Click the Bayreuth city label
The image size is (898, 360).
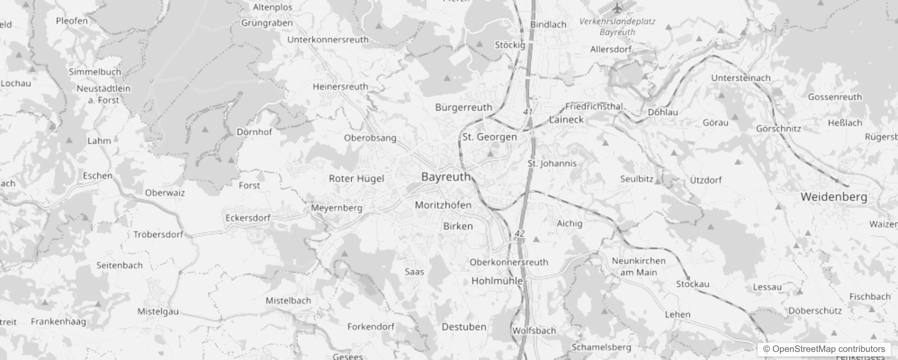pos(446,177)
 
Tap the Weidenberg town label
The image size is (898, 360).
pos(834,197)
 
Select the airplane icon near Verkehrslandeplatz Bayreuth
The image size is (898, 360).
pos(617,8)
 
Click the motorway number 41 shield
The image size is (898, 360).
pos(528,111)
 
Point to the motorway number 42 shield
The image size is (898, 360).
pos(520,234)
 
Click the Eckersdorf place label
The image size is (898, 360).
pos(248,218)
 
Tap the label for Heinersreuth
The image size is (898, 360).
pos(340,86)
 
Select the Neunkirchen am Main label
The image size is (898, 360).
pos(638,266)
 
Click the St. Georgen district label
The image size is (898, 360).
pos(489,137)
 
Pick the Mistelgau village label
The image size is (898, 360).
pos(158,311)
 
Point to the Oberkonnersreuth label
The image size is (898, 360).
pos(509,262)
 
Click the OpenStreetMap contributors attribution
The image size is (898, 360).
pos(824,349)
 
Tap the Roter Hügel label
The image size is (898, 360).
pos(356,179)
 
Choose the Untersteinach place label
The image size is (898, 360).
pos(741,78)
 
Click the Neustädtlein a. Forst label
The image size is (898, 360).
pos(103,94)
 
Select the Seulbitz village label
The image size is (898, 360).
pos(637,179)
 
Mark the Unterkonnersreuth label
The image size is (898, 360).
pos(328,40)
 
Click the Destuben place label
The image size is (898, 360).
pos(464,327)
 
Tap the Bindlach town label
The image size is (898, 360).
pos(548,25)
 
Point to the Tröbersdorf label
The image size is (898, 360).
pos(158,234)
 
